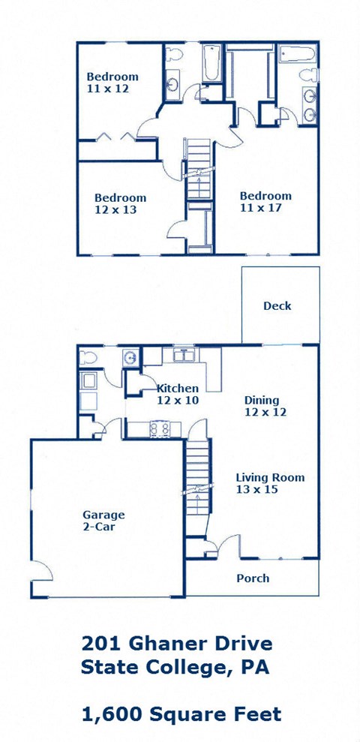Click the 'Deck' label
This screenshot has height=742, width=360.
[277, 306]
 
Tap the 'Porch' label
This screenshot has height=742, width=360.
[253, 578]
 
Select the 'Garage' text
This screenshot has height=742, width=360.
[103, 515]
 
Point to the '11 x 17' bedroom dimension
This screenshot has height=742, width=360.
[260, 208]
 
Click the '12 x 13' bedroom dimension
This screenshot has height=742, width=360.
[115, 210]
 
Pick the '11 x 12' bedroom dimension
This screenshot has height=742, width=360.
[108, 89]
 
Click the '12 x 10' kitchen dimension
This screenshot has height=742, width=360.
[177, 401]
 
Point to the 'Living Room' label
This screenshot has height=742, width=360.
[270, 478]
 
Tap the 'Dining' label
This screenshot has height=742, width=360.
[262, 400]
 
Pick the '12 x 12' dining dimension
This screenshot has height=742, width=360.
[265, 412]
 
